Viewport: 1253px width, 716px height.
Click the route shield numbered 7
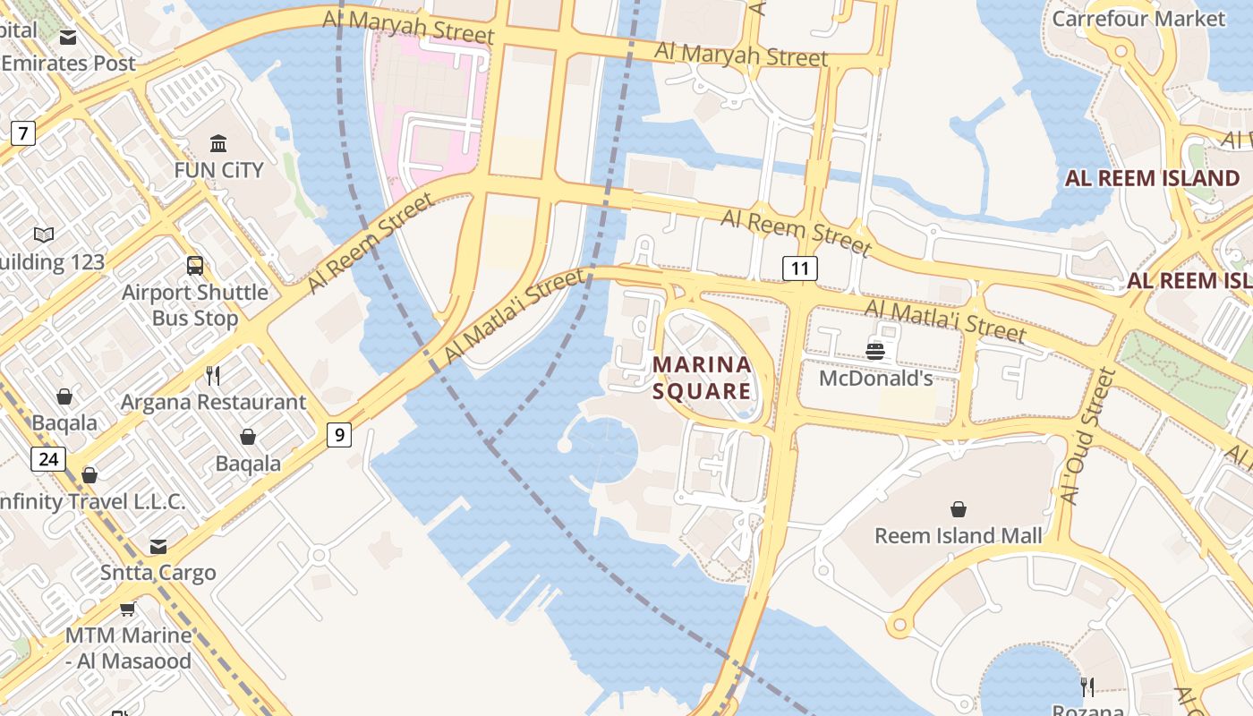click(23, 134)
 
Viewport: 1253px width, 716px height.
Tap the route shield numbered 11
click(800, 268)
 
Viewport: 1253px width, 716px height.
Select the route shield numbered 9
click(338, 435)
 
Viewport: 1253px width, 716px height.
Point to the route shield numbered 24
click(48, 459)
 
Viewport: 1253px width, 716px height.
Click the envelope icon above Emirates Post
click(68, 38)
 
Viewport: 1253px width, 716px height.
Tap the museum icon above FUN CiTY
click(218, 143)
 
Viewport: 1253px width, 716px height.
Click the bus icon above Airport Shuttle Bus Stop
click(195, 265)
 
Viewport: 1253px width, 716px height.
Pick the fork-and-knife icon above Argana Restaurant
click(213, 375)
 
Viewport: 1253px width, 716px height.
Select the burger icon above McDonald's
click(875, 351)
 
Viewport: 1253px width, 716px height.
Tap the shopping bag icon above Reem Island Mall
click(959, 509)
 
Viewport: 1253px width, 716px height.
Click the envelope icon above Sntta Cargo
click(158, 546)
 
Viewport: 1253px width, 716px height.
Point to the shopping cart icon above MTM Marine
click(127, 609)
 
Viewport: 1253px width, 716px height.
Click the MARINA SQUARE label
click(702, 378)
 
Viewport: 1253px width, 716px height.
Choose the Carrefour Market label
click(1138, 18)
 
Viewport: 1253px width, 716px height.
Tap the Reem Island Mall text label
click(959, 535)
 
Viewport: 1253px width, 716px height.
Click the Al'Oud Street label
click(1086, 436)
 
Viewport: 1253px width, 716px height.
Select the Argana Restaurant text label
click(213, 402)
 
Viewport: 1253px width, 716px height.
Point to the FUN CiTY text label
click(218, 170)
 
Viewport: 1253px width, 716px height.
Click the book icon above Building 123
click(44, 235)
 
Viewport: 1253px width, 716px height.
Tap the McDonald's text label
click(876, 378)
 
